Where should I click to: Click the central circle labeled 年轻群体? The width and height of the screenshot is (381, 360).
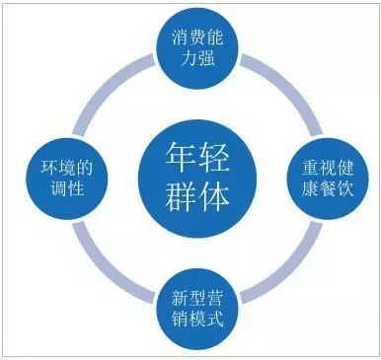(197, 180)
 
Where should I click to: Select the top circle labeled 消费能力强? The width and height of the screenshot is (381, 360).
(197, 48)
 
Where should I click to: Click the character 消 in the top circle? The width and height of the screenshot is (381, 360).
(180, 37)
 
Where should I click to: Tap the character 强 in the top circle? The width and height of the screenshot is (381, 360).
(206, 58)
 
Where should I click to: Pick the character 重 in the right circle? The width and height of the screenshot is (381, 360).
(310, 169)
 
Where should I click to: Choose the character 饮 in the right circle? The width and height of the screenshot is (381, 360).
(344, 188)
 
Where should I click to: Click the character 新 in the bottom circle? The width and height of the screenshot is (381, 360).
(180, 299)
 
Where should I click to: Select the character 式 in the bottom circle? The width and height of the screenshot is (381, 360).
(215, 320)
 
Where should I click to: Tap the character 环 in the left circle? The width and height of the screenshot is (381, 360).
(49, 169)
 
